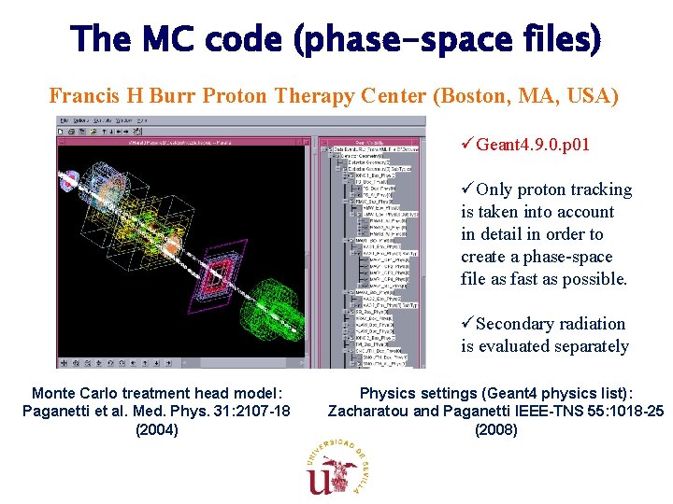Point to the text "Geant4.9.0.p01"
pos(533,145)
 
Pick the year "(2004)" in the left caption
pos(156,430)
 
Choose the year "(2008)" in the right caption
pos(495,430)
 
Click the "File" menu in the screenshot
pos(63,121)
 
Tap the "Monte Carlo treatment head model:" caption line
pos(156,393)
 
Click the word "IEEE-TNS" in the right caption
pos(542,412)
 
